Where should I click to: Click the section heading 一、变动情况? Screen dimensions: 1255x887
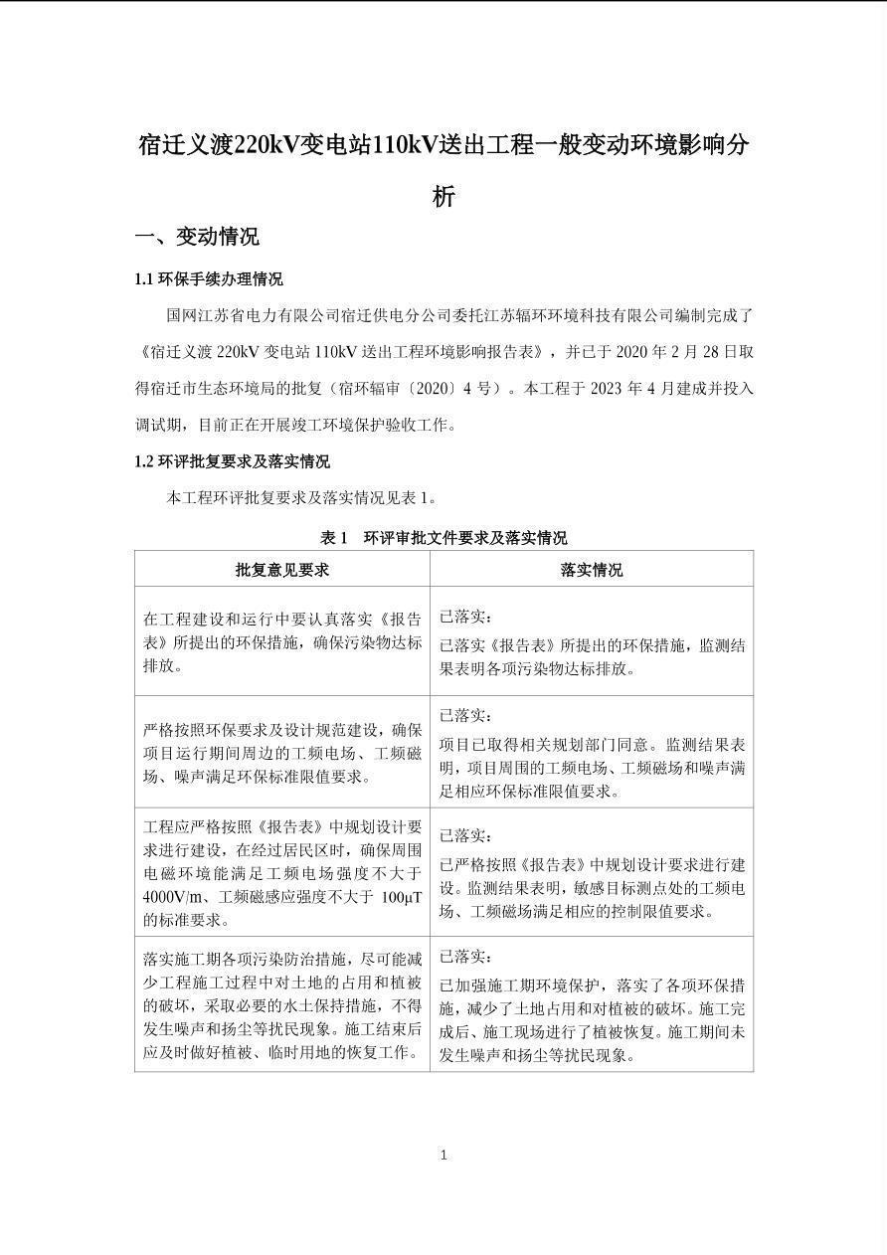tap(197, 237)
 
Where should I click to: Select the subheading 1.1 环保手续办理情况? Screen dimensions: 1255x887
tap(209, 278)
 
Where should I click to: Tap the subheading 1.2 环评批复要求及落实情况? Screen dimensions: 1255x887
tap(232, 461)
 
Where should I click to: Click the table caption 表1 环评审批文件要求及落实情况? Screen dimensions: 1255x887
tap(443, 538)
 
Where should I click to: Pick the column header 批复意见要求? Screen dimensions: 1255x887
tap(282, 570)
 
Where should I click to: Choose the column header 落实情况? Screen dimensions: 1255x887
tap(592, 570)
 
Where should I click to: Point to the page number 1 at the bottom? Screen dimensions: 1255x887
tap(443, 1155)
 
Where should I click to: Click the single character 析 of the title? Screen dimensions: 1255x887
tap(443, 196)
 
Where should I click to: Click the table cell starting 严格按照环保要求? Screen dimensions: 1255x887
tap(282, 753)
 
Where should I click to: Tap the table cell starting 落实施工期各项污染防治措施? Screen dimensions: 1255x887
tap(282, 1004)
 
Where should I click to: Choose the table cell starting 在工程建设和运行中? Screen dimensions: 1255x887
tap(282, 641)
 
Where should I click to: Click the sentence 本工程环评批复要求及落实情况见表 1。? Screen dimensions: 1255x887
tap(301, 498)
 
